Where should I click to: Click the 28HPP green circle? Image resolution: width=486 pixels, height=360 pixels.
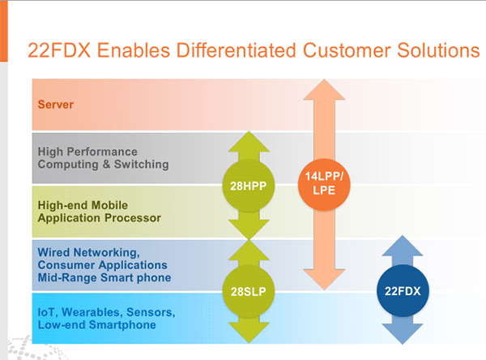249,186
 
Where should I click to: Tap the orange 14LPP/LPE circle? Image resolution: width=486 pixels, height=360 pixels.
324,185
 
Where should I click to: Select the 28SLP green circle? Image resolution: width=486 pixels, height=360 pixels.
249,291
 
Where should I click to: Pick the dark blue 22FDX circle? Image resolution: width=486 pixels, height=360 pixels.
403,290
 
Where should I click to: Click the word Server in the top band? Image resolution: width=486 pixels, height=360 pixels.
56,105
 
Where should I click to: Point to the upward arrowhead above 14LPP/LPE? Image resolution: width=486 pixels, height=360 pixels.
324,89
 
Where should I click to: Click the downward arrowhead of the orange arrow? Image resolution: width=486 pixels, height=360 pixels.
324,279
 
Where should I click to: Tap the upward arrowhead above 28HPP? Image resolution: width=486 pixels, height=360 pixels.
249,142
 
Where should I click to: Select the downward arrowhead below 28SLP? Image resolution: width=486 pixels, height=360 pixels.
249,332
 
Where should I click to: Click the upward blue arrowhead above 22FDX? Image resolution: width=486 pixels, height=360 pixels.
403,246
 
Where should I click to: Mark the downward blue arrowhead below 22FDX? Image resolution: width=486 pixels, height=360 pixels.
403,334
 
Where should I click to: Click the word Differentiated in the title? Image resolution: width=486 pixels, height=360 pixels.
237,50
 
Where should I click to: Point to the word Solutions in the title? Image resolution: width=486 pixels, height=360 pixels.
438,50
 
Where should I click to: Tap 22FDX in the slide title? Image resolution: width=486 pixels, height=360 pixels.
59,50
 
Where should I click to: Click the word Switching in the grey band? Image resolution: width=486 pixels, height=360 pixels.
142,165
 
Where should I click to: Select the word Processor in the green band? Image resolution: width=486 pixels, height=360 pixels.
133,218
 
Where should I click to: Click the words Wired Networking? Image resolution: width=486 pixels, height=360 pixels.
89,253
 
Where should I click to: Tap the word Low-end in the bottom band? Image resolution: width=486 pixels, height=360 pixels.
62,325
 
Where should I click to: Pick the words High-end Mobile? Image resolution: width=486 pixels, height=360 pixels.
83,205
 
